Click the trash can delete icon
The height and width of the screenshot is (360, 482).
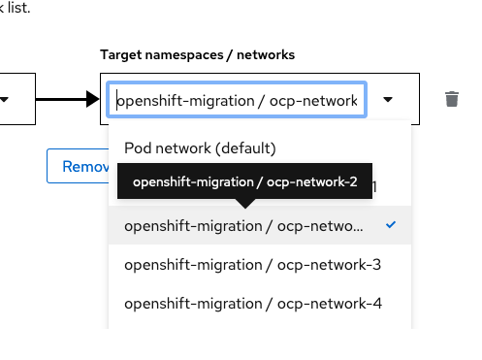coord(451,99)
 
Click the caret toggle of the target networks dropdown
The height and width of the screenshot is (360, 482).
coord(389,99)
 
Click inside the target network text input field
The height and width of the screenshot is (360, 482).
coord(237,100)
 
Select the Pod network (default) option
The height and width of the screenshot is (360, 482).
coord(201,148)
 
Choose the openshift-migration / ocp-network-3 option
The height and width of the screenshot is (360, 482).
coord(253,264)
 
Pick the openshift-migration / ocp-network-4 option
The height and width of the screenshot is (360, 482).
coord(253,303)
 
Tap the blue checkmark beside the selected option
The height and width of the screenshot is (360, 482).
coord(390,225)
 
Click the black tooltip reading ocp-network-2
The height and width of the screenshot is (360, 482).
coord(244,182)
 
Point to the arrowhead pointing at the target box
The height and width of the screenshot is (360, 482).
coord(92,99)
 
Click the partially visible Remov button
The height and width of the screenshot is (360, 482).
coord(83,166)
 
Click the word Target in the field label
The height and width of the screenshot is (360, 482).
coord(121,54)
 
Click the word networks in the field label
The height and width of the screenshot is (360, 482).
coord(265,54)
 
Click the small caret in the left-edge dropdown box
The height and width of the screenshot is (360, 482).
coord(6,99)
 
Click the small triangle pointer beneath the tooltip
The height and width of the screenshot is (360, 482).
coord(245,203)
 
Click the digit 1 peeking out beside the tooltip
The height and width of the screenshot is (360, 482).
coord(377,185)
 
